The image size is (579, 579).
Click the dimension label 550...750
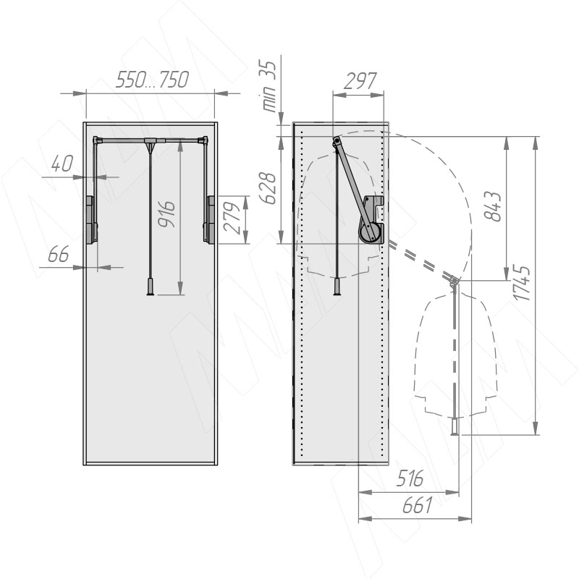pos(152,80)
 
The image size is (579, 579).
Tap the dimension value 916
pos(166,214)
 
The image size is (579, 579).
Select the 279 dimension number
pos(232,218)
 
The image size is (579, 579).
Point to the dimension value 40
pos(62,164)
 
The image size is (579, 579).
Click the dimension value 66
pos(59,254)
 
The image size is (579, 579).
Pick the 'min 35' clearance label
pos(269,86)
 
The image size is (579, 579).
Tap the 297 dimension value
pos(360,81)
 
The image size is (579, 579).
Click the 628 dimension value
pos(268,188)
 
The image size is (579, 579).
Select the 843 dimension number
pos(493,206)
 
